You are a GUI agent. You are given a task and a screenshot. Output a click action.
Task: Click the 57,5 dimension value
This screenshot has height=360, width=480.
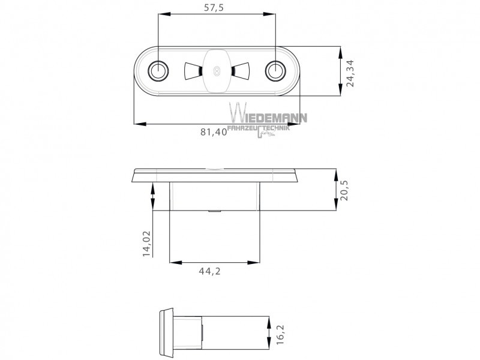coord(214,8)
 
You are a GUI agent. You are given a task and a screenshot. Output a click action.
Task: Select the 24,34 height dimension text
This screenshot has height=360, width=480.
coord(350,73)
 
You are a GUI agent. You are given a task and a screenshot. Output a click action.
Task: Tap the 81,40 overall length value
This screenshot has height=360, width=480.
coord(214,132)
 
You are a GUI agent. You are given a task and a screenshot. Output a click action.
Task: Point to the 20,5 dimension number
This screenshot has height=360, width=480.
coord(344,190)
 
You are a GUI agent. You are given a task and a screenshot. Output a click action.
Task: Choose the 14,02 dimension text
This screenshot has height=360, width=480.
coord(147,244)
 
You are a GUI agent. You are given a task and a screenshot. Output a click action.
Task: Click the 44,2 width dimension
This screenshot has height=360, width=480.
coord(209,271)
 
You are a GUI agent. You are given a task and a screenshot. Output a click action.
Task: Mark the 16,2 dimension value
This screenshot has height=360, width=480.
coord(280,335)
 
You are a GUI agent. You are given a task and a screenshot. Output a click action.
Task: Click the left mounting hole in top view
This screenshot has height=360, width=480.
coord(158,71)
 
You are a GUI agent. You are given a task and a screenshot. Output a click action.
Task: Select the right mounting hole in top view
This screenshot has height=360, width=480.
coord(275,71)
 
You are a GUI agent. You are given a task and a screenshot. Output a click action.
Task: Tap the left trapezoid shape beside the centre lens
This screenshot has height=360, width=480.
coord(193,71)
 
